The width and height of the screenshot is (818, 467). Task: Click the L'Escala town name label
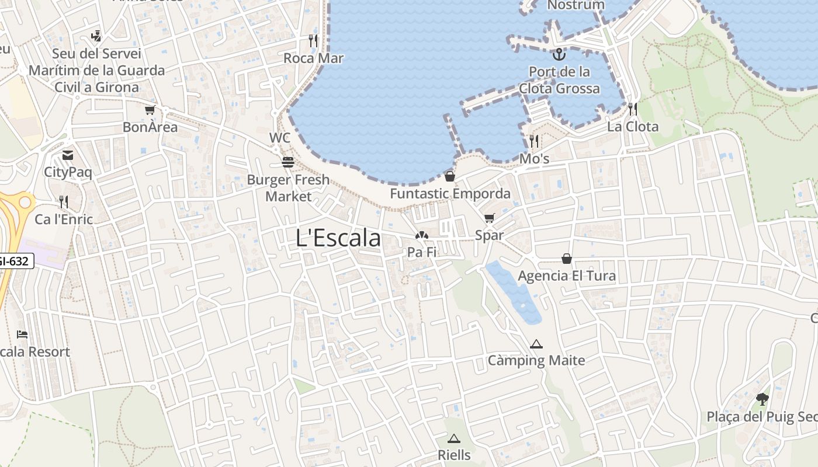tap(338, 238)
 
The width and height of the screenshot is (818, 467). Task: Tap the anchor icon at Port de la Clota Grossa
tap(559, 54)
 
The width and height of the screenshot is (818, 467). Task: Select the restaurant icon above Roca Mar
tap(313, 40)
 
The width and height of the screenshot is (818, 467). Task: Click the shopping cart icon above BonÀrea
tap(150, 110)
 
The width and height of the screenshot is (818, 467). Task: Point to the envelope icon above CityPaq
tap(68, 155)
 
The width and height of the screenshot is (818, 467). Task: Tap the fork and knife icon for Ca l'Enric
tap(64, 202)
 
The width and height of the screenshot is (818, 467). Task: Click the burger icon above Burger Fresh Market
tap(287, 162)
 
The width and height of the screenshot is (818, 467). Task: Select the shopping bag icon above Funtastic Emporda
tap(450, 176)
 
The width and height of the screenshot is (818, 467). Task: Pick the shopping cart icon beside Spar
tap(489, 218)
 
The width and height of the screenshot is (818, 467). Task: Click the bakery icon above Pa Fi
tap(422, 235)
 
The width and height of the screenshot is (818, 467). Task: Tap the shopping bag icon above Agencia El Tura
tap(567, 258)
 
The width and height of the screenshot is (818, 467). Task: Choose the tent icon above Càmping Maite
tap(536, 344)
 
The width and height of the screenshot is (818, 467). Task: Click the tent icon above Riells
tap(454, 438)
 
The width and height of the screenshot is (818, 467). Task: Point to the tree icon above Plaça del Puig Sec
tap(762, 399)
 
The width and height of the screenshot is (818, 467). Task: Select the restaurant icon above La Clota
tap(632, 109)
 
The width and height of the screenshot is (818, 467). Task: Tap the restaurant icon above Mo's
tap(534, 141)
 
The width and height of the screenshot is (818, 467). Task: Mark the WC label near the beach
tap(280, 138)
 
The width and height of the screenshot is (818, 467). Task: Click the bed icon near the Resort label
tap(22, 334)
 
